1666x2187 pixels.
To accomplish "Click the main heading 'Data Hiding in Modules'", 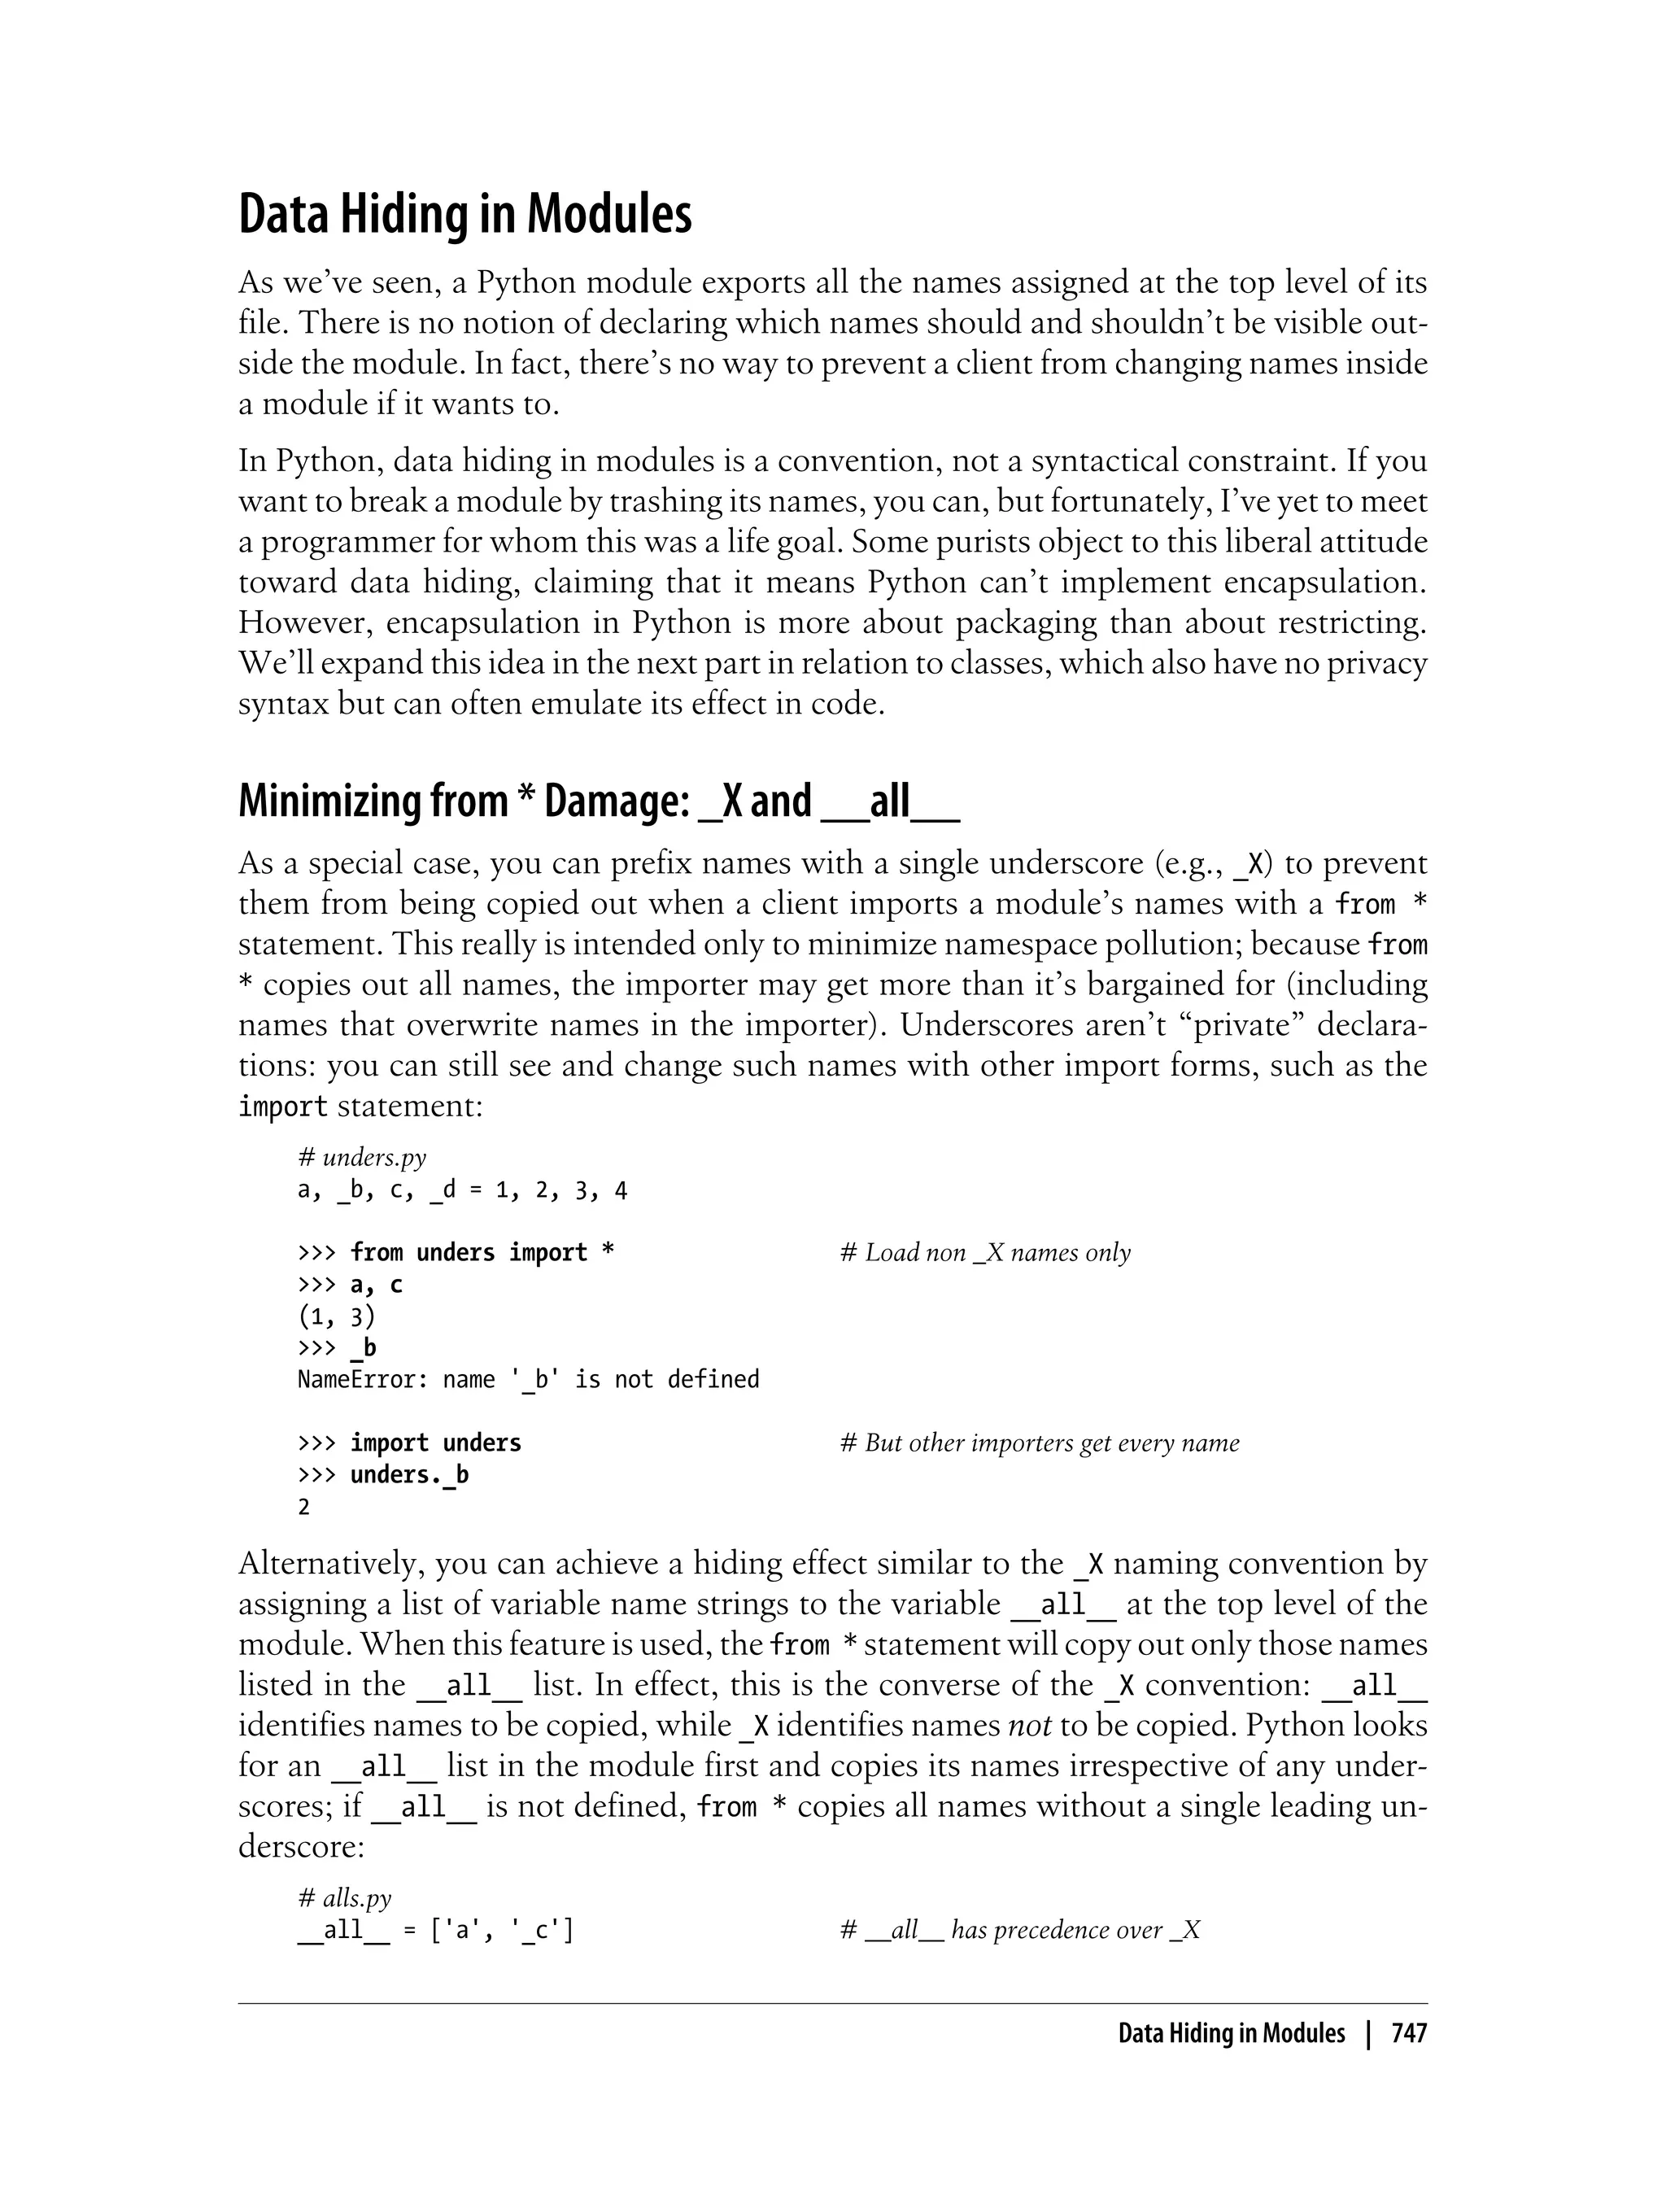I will [x=465, y=214].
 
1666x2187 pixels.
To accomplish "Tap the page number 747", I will [x=1408, y=2033].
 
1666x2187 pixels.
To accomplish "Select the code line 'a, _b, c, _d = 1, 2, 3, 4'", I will [x=462, y=1190].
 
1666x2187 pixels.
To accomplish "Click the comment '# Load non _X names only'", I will [x=985, y=1253].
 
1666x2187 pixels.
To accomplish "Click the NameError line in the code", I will [x=528, y=1380].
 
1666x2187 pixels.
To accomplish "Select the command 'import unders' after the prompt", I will [x=435, y=1443].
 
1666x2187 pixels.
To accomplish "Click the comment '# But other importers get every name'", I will [x=1040, y=1443].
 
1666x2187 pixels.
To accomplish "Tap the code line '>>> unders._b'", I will [x=383, y=1475].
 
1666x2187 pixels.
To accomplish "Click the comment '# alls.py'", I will [x=344, y=1897].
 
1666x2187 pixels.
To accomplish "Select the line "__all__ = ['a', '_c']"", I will [x=435, y=1930].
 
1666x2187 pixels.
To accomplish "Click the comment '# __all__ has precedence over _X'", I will [x=1019, y=1930].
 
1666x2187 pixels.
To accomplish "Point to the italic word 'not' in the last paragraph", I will [x=1029, y=1725].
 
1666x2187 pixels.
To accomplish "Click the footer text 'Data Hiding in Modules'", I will [x=1231, y=2033].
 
